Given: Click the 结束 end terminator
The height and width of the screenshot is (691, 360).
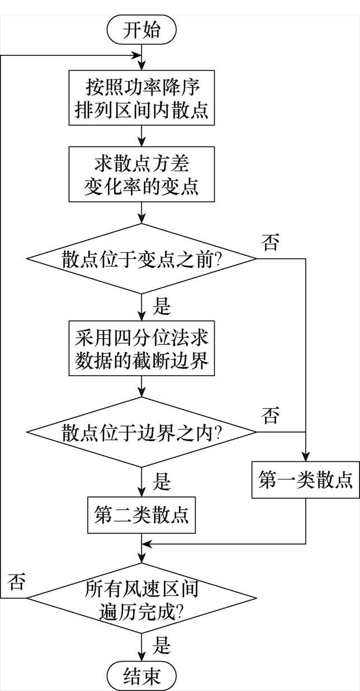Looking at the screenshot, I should [142, 676].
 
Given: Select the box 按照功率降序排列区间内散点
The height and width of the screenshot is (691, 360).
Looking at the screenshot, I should [142, 98].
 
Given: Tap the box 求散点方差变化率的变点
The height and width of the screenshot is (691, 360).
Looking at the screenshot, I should [142, 175].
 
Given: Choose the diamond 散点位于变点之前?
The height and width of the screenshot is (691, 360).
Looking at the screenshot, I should [142, 259].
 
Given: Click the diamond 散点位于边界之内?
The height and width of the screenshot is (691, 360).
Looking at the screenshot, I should [142, 432].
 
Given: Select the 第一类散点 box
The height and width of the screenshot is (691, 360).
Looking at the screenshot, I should [306, 479].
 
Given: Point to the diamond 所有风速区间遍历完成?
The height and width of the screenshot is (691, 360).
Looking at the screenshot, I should [142, 599].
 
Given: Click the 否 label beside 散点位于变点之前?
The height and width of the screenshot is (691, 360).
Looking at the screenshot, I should [271, 244].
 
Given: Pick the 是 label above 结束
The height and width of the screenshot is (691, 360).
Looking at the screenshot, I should [162, 646].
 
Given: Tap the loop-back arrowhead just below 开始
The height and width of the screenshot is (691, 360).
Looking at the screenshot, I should [138, 55].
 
